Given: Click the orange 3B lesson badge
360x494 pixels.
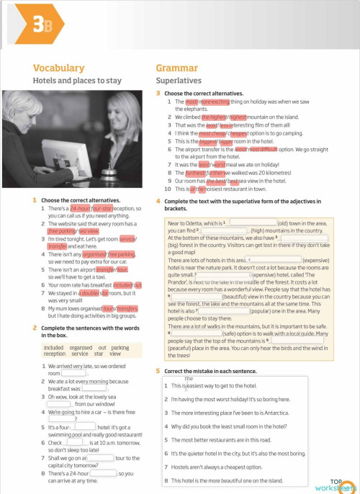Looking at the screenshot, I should [x=41, y=27].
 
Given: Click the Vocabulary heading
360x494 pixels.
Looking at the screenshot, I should [x=58, y=68].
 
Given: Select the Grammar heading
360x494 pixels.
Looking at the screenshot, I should [x=176, y=68].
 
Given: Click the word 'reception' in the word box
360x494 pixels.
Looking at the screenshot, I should [x=54, y=354].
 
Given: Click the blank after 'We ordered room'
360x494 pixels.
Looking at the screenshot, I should [x=71, y=374].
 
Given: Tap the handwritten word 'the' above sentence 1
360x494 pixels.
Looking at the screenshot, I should [x=189, y=378].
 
